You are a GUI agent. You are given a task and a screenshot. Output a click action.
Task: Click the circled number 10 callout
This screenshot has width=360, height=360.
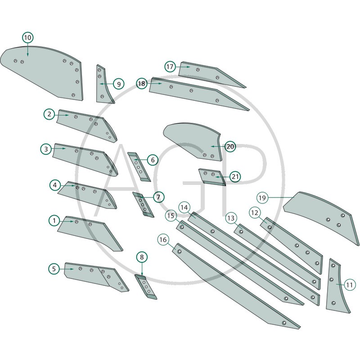[x=28, y=37]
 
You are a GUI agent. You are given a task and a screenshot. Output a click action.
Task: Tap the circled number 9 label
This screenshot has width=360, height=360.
[x=119, y=84]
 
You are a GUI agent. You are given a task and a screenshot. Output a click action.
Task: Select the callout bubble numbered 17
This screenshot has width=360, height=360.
[x=170, y=67]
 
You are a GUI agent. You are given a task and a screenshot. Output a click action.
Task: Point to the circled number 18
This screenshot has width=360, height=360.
[x=142, y=83]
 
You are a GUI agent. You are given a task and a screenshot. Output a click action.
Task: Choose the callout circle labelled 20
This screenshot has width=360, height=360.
[x=230, y=146]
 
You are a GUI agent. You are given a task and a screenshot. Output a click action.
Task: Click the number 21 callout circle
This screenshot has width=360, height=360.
[x=235, y=176]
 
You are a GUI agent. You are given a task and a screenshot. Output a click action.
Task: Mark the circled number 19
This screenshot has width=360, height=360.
[x=262, y=198]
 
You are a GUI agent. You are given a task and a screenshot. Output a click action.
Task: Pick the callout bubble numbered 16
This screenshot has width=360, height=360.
[x=163, y=240]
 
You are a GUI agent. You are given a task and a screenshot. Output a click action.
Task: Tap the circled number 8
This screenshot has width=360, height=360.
[x=142, y=257]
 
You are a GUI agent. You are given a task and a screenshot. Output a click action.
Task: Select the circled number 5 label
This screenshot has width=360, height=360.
[x=54, y=269]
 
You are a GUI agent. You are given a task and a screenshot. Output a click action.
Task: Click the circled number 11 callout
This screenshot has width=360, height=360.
[x=349, y=285]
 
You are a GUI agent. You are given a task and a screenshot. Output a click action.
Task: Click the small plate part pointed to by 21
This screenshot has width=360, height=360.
[x=211, y=177]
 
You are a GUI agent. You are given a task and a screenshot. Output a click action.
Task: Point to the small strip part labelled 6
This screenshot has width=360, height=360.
[x=139, y=166]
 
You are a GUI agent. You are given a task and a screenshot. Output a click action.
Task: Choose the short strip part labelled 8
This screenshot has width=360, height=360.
[x=146, y=287]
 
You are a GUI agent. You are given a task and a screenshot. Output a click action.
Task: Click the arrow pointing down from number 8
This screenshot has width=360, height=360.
[x=142, y=269]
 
